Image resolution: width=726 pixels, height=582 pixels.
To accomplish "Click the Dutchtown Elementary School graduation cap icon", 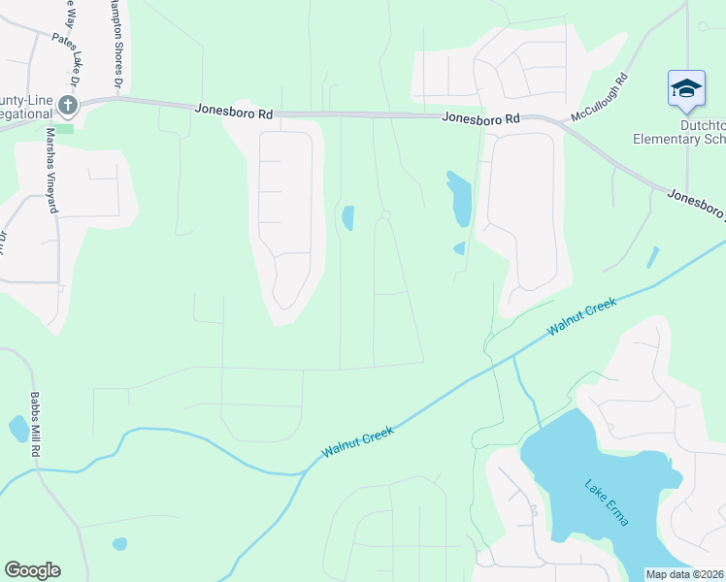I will [686, 88].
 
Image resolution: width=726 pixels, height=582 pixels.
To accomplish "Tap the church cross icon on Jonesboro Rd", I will [68, 105].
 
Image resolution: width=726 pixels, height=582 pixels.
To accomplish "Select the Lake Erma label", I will [606, 502].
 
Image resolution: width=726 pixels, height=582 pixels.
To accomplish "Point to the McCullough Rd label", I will [599, 98].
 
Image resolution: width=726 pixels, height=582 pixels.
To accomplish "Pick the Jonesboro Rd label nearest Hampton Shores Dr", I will [234, 113].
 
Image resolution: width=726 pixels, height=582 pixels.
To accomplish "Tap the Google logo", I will [32, 570].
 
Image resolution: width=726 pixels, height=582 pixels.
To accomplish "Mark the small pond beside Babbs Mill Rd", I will [18, 429].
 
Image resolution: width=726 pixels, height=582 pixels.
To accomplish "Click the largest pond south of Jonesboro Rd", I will [459, 198].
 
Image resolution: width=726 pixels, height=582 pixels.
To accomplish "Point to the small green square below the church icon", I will [65, 128].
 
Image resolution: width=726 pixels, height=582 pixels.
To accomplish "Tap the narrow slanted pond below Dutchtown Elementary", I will [652, 257].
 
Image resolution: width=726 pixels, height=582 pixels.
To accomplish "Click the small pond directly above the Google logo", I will [119, 544].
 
